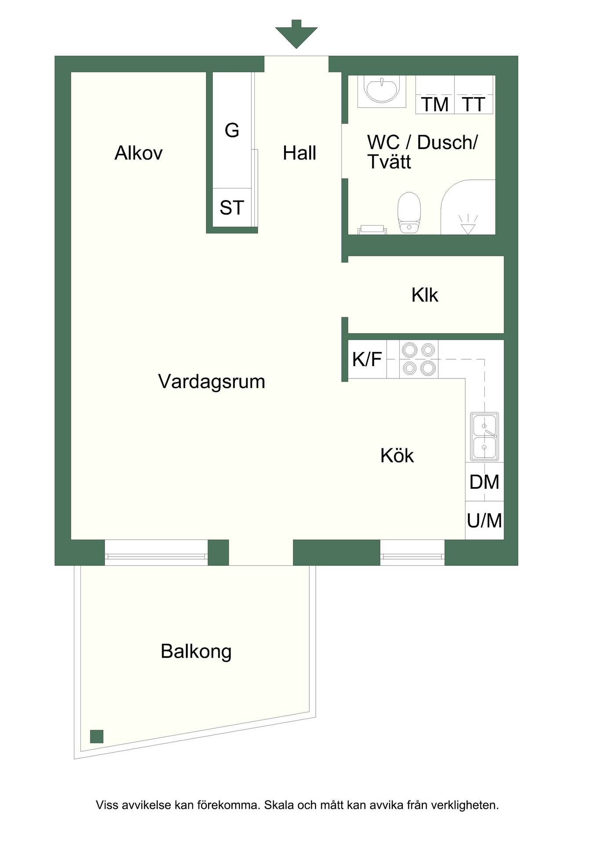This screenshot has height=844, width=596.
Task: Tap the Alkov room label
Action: tap(138, 153)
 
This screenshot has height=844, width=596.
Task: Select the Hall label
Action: tap(300, 153)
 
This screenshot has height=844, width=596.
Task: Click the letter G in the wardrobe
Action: tap(232, 130)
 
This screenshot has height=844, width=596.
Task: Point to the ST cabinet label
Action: tap(232, 208)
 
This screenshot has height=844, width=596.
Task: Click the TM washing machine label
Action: tap(435, 105)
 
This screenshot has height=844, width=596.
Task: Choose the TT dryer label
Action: tap(473, 105)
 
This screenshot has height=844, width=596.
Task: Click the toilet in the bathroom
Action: tap(409, 212)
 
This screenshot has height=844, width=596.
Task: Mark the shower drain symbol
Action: tap(468, 224)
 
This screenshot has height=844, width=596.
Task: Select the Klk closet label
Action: tap(425, 295)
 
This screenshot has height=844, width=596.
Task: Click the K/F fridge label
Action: tap(367, 360)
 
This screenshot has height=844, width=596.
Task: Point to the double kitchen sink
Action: tap(484, 437)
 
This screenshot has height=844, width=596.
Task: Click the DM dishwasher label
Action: tap(484, 482)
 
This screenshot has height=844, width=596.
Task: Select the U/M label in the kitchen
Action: tap(484, 521)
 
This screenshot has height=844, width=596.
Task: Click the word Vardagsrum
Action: tap(212, 382)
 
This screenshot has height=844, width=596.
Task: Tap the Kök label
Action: tap(397, 455)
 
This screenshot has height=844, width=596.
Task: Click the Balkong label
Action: tap(196, 651)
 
